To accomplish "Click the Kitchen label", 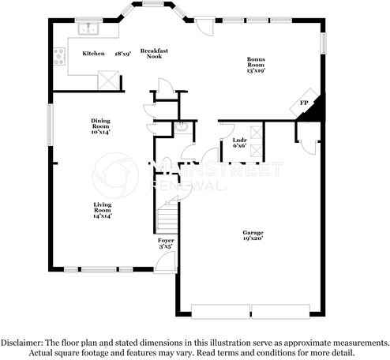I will [93, 54].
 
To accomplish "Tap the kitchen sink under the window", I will [86, 31].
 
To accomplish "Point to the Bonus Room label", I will [256, 62].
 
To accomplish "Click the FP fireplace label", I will [303, 103].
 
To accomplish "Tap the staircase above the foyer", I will [167, 214].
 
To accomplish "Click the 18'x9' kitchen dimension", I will [122, 54].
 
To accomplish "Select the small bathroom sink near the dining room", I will [181, 126].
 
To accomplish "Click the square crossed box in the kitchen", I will [108, 78].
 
